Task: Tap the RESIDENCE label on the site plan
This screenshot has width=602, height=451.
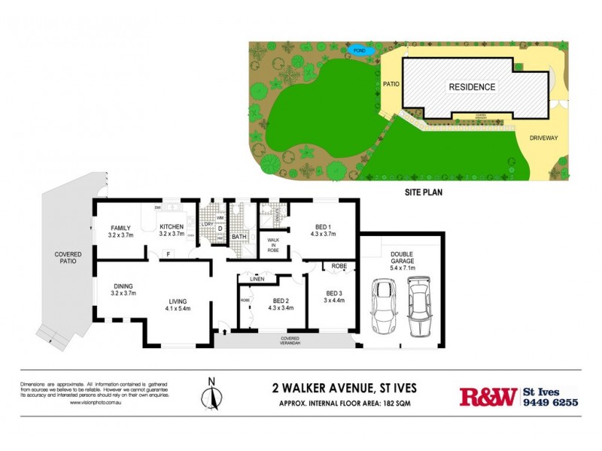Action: [x=472, y=87]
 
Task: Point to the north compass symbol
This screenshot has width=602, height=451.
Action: [x=211, y=393]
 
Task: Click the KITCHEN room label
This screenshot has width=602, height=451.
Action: [x=172, y=227]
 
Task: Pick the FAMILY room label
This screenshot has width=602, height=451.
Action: [x=121, y=227]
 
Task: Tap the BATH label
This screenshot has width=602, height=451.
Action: [x=239, y=238]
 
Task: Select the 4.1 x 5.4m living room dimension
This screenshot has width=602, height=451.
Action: [x=179, y=308]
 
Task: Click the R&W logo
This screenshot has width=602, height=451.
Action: [x=488, y=396]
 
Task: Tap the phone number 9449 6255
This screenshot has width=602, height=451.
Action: [x=550, y=402]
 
